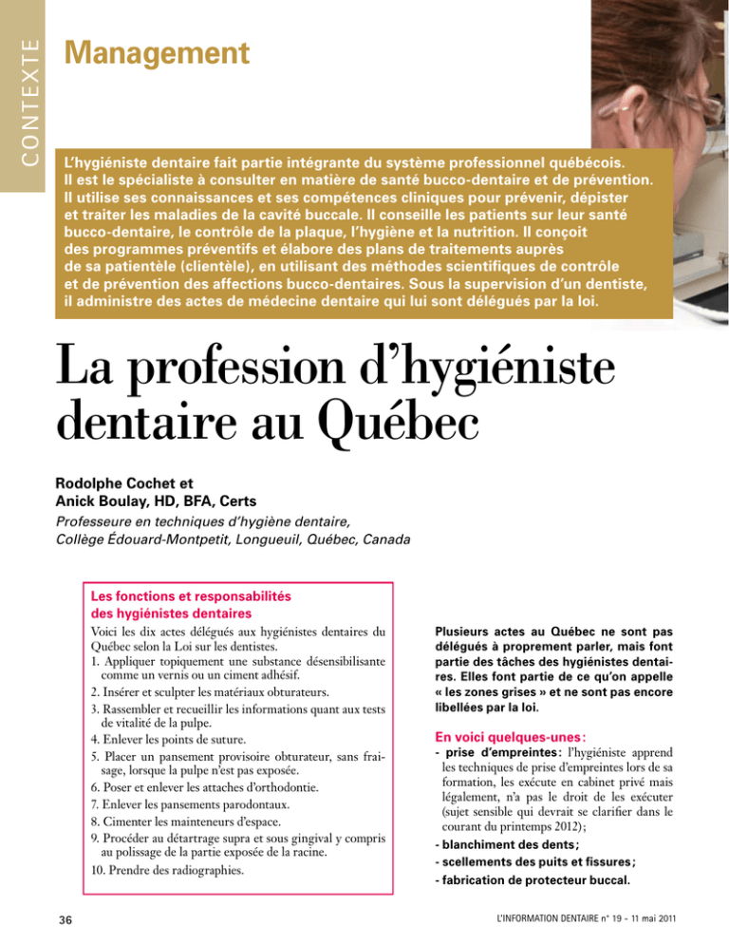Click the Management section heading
pyautogui.click(x=157, y=53)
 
